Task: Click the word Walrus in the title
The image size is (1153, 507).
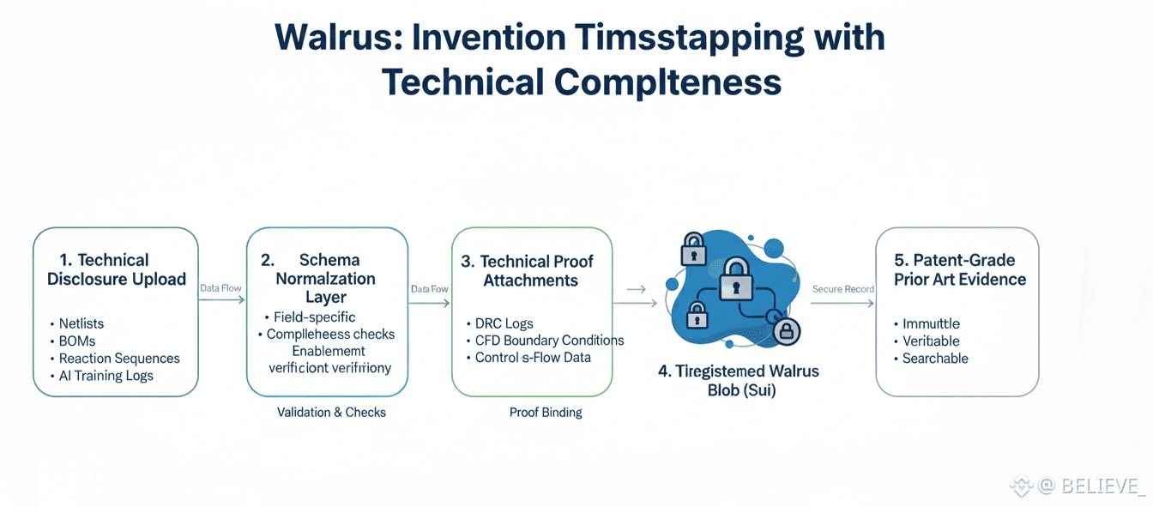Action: (x=333, y=39)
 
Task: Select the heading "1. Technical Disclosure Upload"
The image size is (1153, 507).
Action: (x=116, y=269)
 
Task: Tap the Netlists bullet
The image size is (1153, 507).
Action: (x=81, y=323)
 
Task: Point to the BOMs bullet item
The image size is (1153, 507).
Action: (x=77, y=341)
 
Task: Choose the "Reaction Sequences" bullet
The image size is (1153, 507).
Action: (x=119, y=359)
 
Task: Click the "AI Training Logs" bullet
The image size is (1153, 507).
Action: (x=106, y=376)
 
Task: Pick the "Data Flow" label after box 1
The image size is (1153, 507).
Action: (x=220, y=288)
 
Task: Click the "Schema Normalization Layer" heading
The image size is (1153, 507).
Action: (x=326, y=279)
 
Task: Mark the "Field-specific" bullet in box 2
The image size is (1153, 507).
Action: (x=314, y=317)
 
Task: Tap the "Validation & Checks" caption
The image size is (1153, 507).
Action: (x=331, y=413)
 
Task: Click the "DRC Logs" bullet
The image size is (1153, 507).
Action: (x=504, y=323)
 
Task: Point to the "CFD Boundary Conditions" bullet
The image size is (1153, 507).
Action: (x=549, y=341)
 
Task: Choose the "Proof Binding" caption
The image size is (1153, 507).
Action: (x=546, y=413)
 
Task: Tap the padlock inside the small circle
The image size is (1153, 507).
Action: (x=785, y=330)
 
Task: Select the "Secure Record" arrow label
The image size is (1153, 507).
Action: (x=842, y=289)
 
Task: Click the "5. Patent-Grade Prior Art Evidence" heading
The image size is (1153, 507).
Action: (x=959, y=269)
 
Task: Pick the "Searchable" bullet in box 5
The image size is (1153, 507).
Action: (x=935, y=359)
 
